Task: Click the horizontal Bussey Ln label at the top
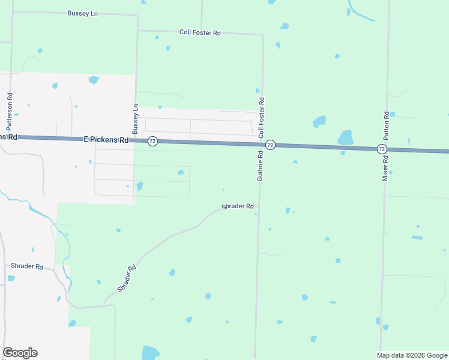coord(83,13)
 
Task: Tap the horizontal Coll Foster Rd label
coord(200,32)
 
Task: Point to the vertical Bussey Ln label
coord(136,119)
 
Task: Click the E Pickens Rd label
coord(106,140)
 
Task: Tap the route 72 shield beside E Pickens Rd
coord(152,141)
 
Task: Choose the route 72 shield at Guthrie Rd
coord(270,145)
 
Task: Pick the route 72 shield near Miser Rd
coord(382,148)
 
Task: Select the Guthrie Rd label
coord(261,166)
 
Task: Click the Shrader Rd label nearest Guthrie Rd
coord(238,206)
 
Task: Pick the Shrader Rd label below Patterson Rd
coord(27,266)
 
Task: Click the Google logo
coord(20,353)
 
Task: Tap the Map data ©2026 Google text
coord(412,355)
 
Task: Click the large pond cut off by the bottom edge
coord(151,352)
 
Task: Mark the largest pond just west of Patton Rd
coord(345,138)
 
